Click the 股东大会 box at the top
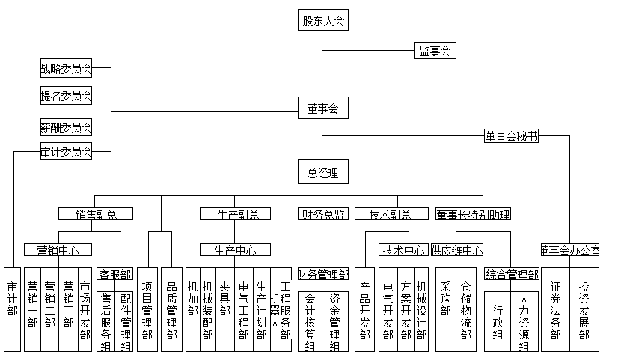322,21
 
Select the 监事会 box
435,51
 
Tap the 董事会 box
322,109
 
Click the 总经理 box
322,174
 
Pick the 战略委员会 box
66,70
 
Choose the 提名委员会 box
66,95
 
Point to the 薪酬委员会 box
66,126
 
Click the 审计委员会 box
66,152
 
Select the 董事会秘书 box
511,136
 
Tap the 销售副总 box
96,214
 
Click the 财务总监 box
322,214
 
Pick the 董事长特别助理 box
474,214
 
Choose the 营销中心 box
58,249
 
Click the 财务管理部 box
323,274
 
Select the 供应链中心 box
456,249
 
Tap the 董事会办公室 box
570,249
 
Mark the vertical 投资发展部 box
584,308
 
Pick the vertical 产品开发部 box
364,308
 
